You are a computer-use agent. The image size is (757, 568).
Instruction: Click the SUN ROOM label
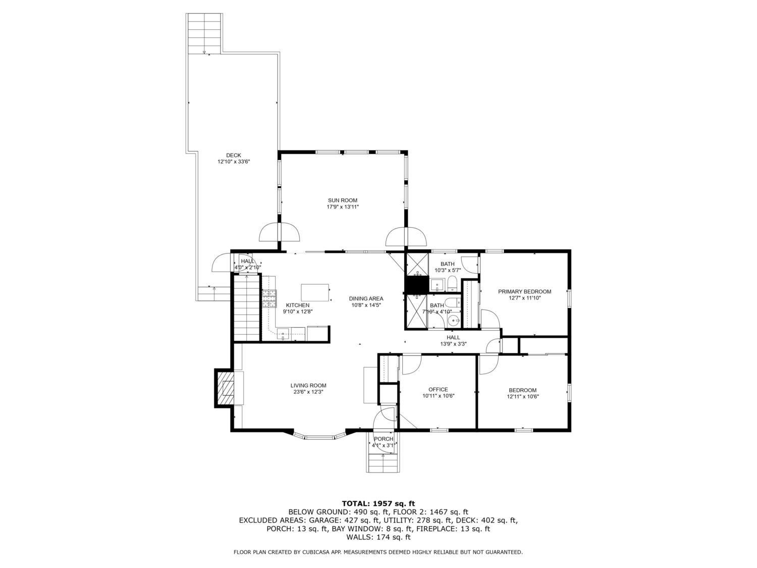[x=342, y=200]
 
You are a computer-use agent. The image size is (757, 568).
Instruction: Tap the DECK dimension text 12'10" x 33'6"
[x=234, y=162]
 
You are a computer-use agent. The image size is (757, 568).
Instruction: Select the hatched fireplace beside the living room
[x=225, y=388]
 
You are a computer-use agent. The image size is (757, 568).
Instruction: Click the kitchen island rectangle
[x=314, y=292]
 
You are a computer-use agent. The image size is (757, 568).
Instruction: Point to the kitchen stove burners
[x=269, y=298]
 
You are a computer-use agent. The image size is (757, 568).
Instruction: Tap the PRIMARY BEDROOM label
[x=524, y=291]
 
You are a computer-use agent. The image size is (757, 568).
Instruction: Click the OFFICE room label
[x=438, y=389]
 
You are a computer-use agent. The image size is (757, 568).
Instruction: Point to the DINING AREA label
[x=366, y=299]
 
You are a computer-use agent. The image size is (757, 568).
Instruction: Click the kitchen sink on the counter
[x=283, y=334]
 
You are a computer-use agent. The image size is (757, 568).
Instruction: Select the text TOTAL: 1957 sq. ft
[x=379, y=504]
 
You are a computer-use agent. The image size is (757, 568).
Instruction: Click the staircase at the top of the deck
[x=204, y=33]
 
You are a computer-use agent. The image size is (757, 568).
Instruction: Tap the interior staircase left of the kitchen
[x=247, y=307]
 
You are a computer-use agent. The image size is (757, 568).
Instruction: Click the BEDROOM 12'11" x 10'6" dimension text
[x=522, y=397]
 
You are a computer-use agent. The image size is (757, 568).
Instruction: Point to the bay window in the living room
[x=320, y=436]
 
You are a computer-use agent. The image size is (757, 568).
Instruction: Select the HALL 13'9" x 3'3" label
[x=453, y=340]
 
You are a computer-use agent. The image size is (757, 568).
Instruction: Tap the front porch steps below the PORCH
[x=383, y=462]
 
